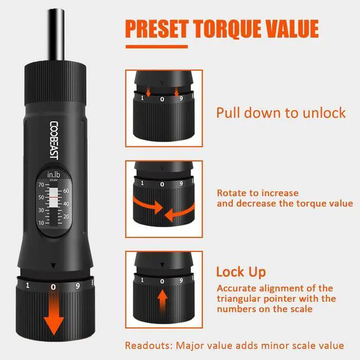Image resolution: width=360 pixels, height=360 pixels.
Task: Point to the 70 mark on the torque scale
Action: (x=40, y=184)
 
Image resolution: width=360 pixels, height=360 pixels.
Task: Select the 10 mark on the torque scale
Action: (x=40, y=223)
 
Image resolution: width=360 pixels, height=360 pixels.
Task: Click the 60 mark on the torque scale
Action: (x=66, y=191)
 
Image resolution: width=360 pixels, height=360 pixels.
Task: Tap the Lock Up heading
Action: (x=241, y=272)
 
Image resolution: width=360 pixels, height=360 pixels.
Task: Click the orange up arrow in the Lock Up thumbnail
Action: (x=163, y=300)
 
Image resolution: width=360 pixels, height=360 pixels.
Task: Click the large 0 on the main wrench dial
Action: (x=53, y=286)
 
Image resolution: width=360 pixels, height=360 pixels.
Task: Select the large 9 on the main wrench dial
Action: (x=79, y=286)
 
